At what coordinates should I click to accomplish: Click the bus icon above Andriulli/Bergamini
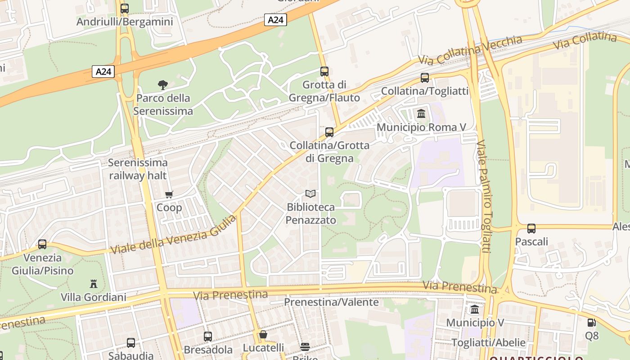click(125, 8)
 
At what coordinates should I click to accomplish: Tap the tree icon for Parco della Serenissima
click(163, 84)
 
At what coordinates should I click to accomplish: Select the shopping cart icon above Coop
click(169, 194)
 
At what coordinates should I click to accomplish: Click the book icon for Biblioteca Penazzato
click(310, 193)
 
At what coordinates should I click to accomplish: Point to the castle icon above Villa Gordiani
click(94, 284)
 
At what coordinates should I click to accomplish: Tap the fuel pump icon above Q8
click(592, 322)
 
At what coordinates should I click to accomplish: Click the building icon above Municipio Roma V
click(421, 113)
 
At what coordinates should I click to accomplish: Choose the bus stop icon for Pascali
click(531, 228)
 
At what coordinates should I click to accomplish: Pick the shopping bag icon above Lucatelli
click(263, 334)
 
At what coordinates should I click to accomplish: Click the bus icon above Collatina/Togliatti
click(425, 77)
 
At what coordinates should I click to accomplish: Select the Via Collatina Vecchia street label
click(470, 50)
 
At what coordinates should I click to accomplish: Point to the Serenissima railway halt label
click(138, 169)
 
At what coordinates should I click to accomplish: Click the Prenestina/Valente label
click(331, 302)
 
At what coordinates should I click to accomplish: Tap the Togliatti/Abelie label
click(488, 342)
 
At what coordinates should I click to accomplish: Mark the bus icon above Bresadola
click(208, 336)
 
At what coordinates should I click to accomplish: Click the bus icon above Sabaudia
click(131, 342)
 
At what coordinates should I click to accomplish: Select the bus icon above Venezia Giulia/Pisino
click(42, 244)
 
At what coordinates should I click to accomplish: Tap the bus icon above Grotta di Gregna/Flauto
click(324, 71)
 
